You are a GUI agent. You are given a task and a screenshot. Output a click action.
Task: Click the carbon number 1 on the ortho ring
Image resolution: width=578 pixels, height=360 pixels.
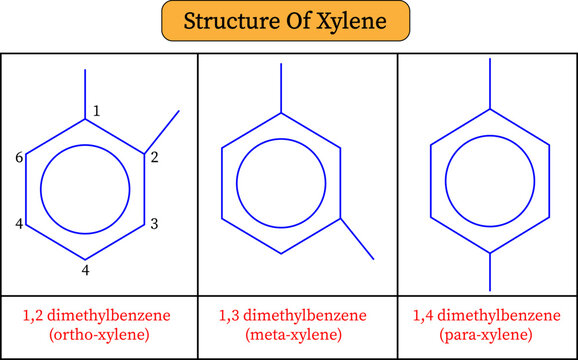tap(96, 111)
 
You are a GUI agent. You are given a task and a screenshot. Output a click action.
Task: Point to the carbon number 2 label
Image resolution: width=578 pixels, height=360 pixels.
tap(154, 157)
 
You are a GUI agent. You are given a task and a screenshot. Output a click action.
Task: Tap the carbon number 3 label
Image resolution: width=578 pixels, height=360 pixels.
tap(154, 224)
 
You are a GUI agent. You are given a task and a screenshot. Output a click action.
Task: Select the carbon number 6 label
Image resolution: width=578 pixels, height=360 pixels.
tap(19, 157)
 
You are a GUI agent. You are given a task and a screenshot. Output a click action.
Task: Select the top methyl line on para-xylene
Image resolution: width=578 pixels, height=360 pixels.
tap(490, 84)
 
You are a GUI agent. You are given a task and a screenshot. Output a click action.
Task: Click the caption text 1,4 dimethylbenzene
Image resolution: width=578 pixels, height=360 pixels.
tap(488, 315)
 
